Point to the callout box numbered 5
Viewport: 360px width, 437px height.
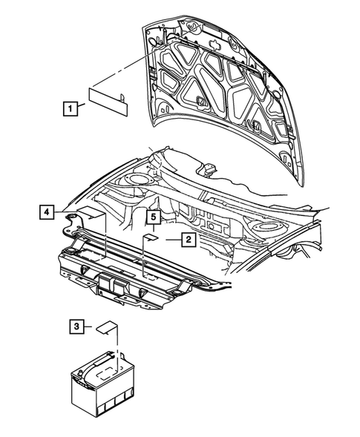pos(152,217)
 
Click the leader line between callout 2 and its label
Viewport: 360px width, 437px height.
pos(168,239)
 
